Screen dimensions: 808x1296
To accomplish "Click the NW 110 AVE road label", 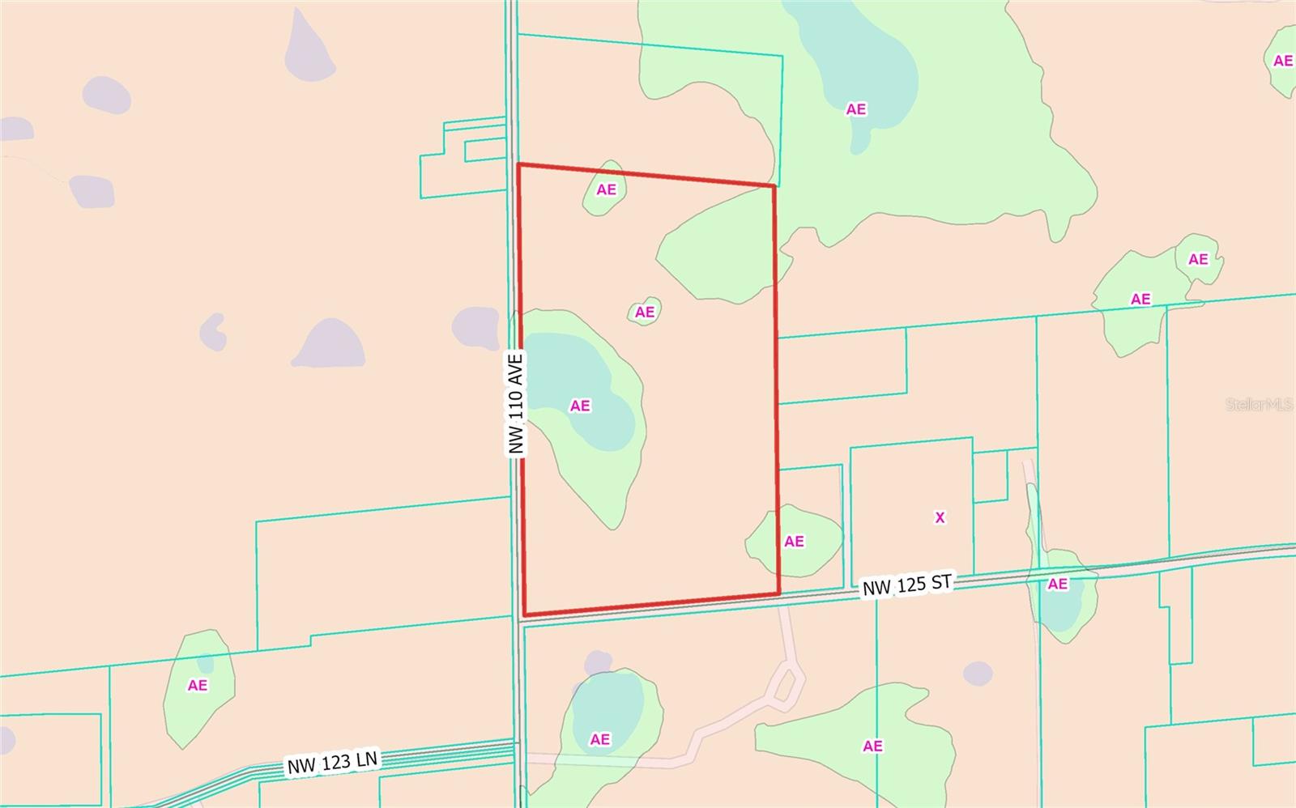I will [517, 402].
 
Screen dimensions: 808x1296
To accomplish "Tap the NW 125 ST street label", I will [906, 585].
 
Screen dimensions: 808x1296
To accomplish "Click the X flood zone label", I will [940, 517].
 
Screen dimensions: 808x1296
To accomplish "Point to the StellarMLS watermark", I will [1259, 404].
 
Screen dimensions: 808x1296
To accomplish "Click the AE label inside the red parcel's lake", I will [580, 406].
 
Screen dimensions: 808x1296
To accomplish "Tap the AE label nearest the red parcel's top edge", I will [606, 189].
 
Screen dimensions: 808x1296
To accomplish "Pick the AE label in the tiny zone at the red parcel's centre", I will [645, 312].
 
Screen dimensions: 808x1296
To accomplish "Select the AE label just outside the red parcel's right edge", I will [794, 541].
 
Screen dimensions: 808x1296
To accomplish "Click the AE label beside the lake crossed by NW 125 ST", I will [1057, 584].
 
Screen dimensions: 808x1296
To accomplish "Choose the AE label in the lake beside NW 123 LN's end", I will [599, 739].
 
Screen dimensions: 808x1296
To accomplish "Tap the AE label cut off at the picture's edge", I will [1282, 61].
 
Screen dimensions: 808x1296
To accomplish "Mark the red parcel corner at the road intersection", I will [525, 615].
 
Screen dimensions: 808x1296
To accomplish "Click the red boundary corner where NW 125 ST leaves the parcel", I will [778, 593].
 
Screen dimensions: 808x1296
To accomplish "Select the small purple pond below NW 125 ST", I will [978, 673].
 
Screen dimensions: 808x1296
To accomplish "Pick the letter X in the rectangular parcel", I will [940, 517].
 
